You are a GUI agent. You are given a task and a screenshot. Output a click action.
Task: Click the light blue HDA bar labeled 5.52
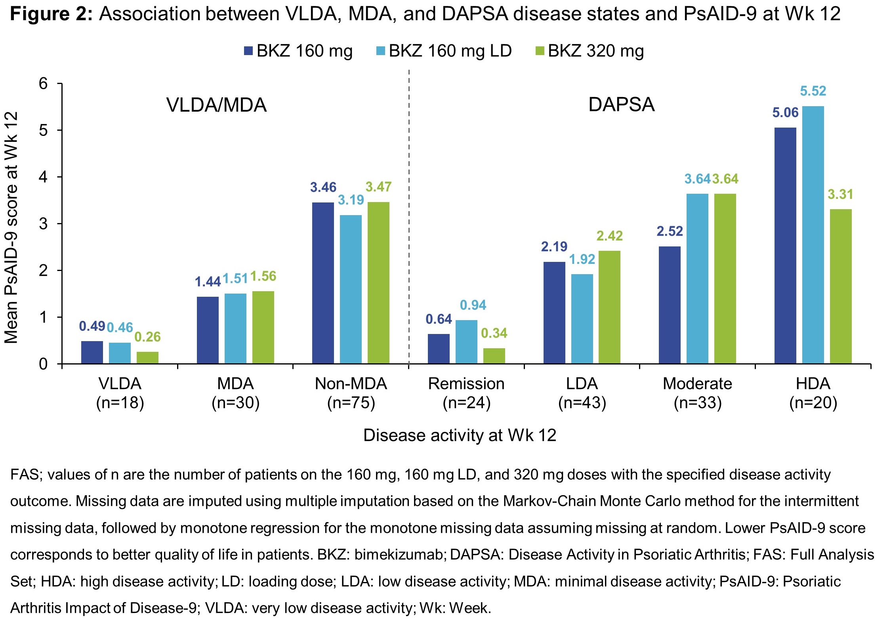tap(813, 235)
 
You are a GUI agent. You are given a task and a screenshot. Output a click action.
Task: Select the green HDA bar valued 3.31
tap(840, 286)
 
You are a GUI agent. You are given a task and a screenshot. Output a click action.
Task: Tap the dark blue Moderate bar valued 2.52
tap(670, 305)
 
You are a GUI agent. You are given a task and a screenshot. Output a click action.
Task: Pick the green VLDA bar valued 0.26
tap(147, 357)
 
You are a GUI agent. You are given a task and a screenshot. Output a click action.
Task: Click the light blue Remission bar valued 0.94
tap(466, 342)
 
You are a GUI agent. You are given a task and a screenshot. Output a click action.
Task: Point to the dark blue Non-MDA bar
tap(323, 283)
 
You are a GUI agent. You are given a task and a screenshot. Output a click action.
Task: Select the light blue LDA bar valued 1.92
tap(582, 319)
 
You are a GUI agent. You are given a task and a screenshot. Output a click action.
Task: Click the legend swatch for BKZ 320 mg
tap(540, 51)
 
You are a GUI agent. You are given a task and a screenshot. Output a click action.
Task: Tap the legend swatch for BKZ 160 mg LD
tap(381, 51)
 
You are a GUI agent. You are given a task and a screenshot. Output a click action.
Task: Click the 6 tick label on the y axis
tap(43, 84)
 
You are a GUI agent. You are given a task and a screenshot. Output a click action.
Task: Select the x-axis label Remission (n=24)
tap(466, 393)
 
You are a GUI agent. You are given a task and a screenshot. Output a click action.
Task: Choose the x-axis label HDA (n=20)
tap(813, 393)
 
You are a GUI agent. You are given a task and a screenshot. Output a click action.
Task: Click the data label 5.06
tap(785, 113)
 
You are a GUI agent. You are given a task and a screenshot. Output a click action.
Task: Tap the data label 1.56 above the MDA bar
tap(263, 276)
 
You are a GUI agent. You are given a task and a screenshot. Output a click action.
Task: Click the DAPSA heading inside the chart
tap(621, 105)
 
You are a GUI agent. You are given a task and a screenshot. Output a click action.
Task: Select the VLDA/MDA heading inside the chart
tap(216, 105)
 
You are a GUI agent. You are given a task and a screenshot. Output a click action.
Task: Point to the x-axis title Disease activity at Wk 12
tap(460, 435)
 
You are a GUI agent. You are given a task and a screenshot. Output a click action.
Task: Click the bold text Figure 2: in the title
tap(51, 14)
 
